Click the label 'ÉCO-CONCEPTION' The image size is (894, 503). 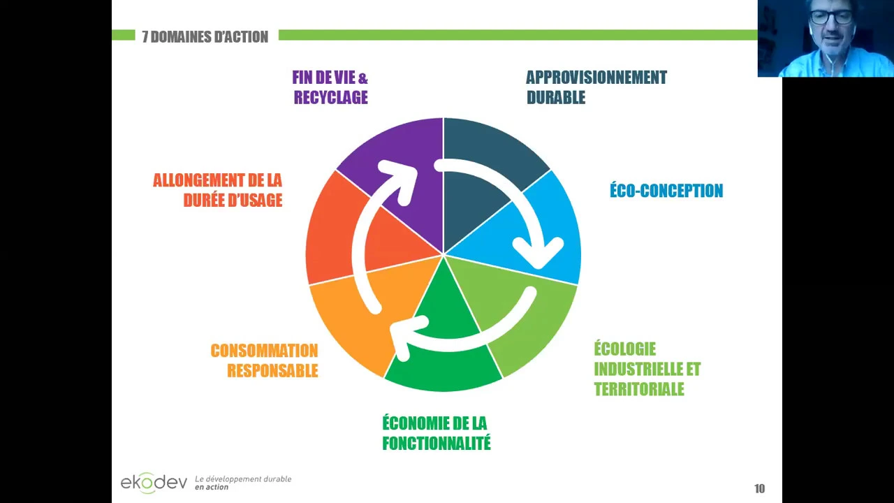666,191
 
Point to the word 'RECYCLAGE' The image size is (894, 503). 330,98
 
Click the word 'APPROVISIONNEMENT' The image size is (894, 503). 596,78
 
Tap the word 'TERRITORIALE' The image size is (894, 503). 639,389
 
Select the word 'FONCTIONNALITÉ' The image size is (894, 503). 437,443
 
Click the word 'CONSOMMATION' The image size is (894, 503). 264,351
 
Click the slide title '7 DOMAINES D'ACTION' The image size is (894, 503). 205,37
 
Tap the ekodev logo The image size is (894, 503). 154,482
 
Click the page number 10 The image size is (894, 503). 759,488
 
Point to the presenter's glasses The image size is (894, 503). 831,18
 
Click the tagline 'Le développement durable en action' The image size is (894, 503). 242,483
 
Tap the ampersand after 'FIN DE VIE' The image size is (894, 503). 362,78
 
